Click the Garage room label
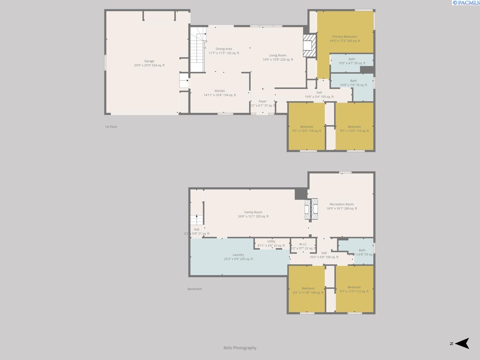[149, 61]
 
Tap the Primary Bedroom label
[344, 36]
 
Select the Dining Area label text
[224, 49]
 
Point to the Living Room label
[278, 56]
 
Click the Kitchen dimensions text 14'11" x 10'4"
[220, 95]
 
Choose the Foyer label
[262, 101]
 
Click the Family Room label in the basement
[253, 212]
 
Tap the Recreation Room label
[342, 204]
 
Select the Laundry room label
[238, 255]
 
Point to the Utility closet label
[271, 241]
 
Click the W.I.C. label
[303, 244]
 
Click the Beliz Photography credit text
[240, 348]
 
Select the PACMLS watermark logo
[466, 3]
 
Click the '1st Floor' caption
[111, 127]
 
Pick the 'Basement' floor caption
[195, 289]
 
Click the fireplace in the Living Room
[309, 46]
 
